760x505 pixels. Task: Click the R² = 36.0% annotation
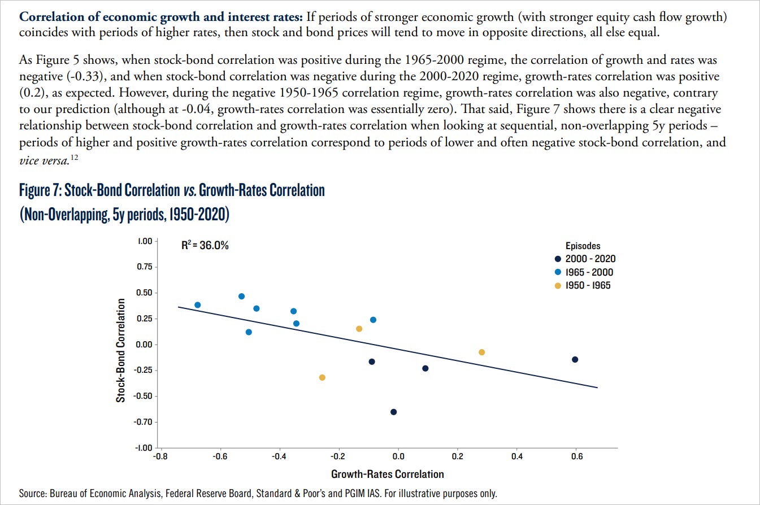click(x=205, y=246)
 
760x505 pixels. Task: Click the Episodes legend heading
click(x=583, y=246)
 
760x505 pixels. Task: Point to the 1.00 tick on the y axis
click(x=145, y=241)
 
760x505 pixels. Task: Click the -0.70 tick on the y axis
click(x=144, y=422)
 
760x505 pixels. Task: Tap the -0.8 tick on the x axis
click(x=160, y=456)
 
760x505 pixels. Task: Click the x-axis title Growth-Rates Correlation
click(x=387, y=474)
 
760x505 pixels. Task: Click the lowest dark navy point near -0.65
click(x=393, y=412)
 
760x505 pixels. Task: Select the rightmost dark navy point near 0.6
click(x=575, y=359)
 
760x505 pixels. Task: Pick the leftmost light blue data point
click(x=197, y=305)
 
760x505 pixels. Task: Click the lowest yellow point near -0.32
click(x=322, y=377)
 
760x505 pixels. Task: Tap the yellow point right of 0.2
click(x=481, y=352)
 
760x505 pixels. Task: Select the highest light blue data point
click(x=241, y=296)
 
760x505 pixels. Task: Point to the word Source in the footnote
click(x=31, y=494)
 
